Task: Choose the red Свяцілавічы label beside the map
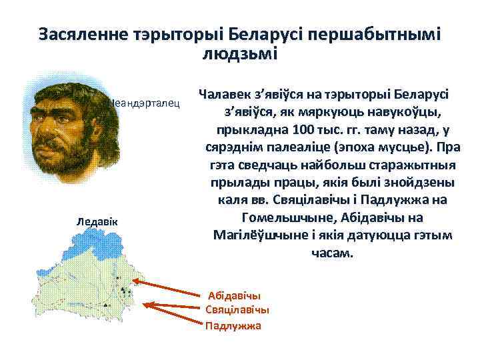tap(237, 310)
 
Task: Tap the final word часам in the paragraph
tap(329, 253)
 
